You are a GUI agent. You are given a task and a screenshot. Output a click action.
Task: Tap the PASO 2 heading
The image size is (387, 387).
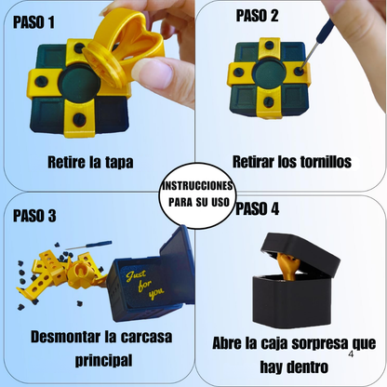257,15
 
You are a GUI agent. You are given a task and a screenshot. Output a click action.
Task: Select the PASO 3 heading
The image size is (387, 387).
34,216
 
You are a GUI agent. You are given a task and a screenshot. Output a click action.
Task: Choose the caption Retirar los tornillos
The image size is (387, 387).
291,162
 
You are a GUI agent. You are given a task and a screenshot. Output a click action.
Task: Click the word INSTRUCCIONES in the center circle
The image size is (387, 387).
193,186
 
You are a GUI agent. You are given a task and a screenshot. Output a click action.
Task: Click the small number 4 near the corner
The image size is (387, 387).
350,354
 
